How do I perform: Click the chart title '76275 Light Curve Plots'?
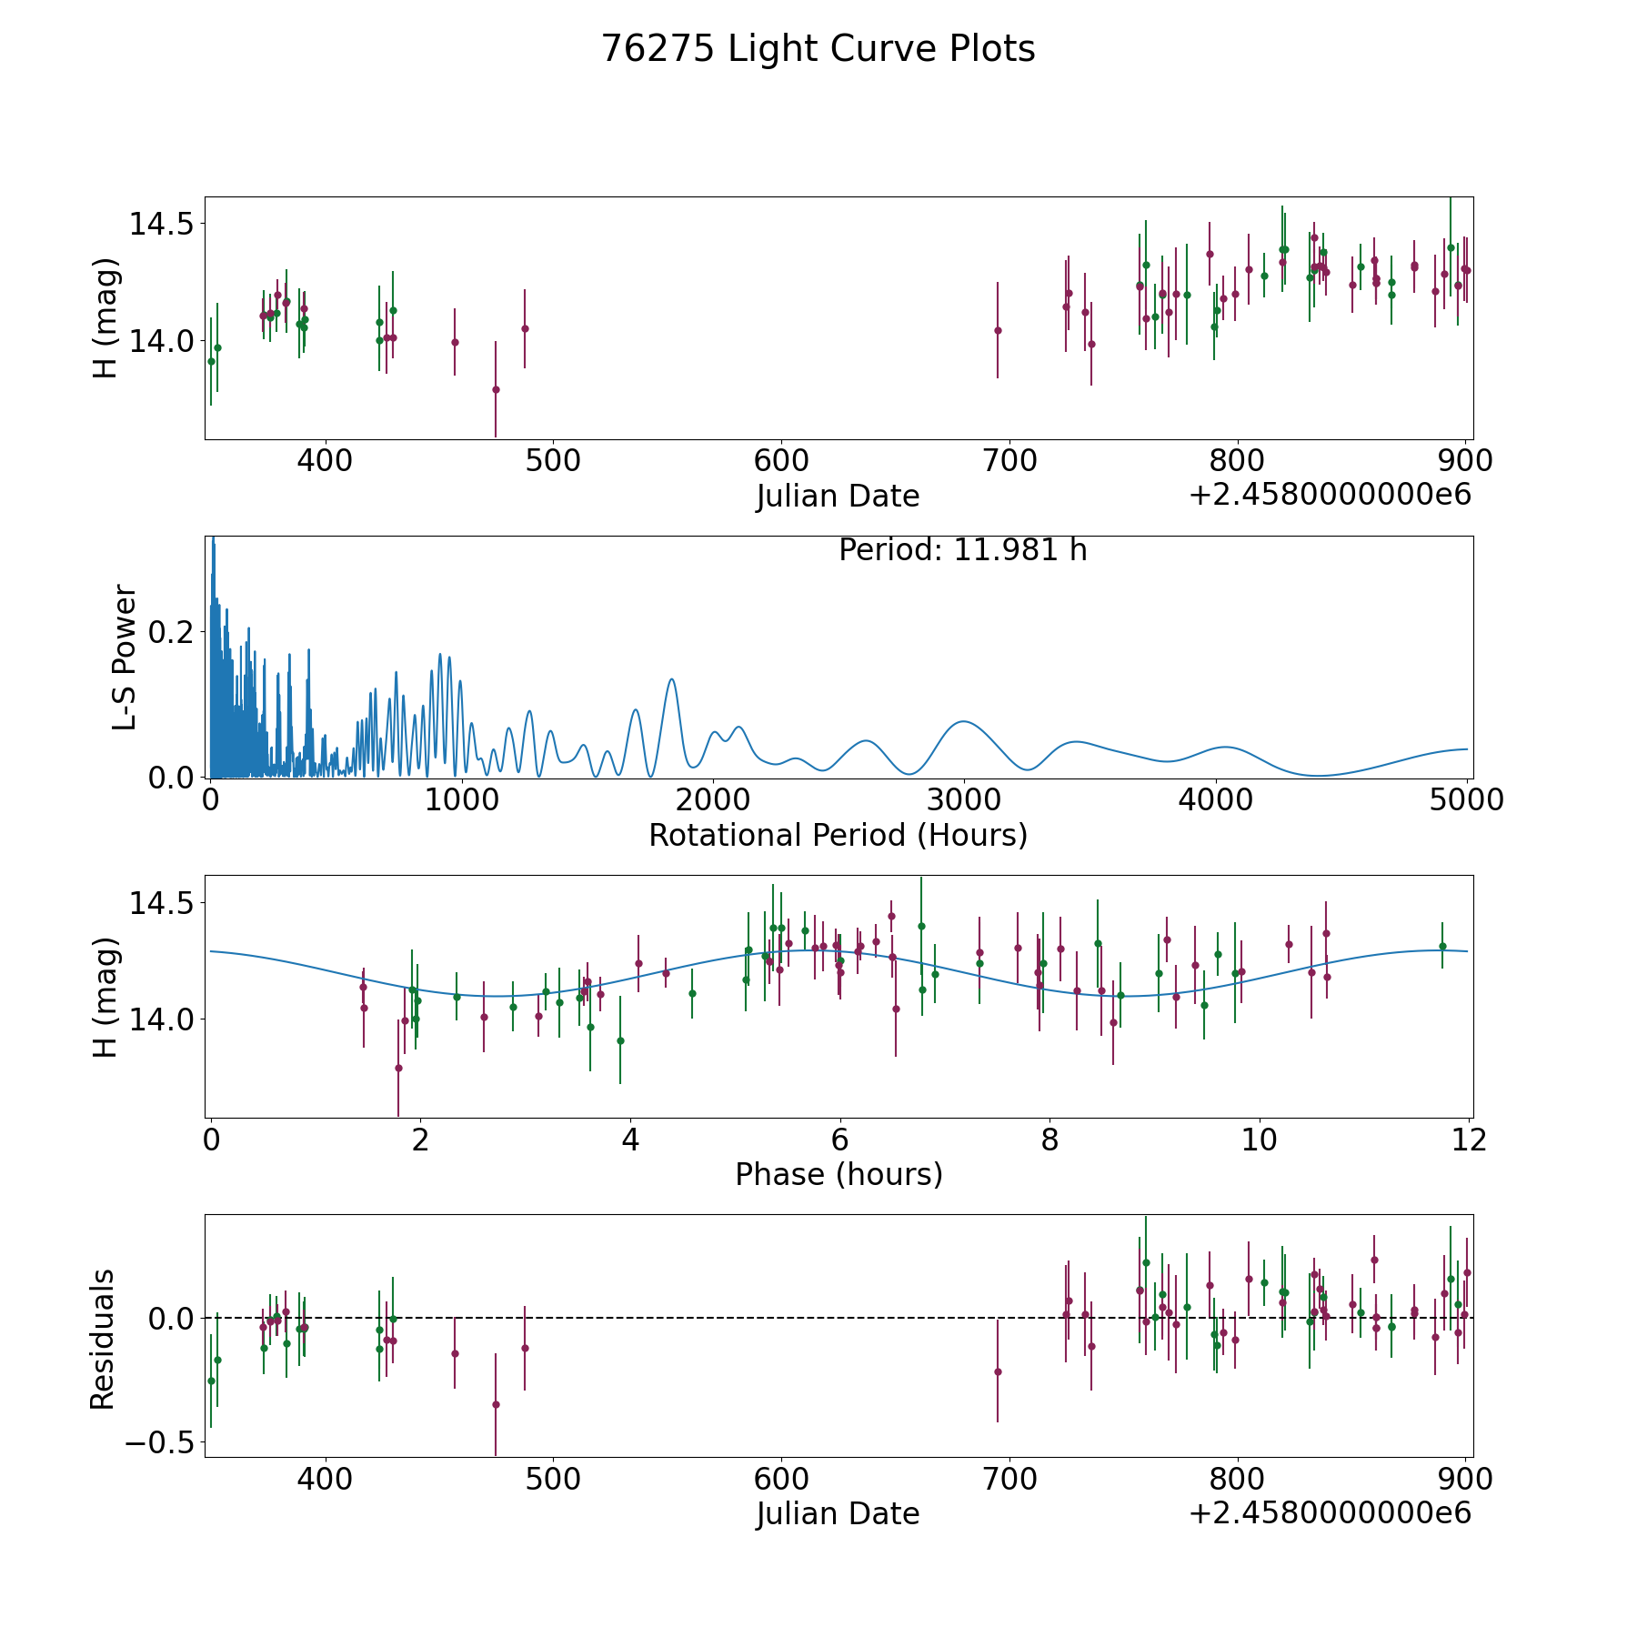click(818, 49)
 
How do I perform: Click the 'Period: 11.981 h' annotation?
click(962, 550)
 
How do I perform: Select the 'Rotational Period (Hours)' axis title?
click(838, 835)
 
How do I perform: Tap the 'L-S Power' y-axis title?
click(125, 658)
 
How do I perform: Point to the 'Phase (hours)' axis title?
click(839, 1174)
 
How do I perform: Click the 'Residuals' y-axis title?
click(103, 1339)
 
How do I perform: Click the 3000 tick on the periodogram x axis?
click(964, 800)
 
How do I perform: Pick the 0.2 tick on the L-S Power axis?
click(172, 632)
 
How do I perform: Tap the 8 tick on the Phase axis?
click(1049, 1140)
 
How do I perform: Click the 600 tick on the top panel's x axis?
click(782, 461)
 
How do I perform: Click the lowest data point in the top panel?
click(496, 389)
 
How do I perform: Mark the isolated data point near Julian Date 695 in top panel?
click(998, 330)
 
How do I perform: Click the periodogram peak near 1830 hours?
click(671, 679)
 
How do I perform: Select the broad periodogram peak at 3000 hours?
click(963, 721)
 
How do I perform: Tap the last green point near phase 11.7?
click(1442, 946)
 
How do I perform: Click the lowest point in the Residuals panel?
click(496, 1404)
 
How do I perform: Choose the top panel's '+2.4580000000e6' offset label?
click(1330, 496)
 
